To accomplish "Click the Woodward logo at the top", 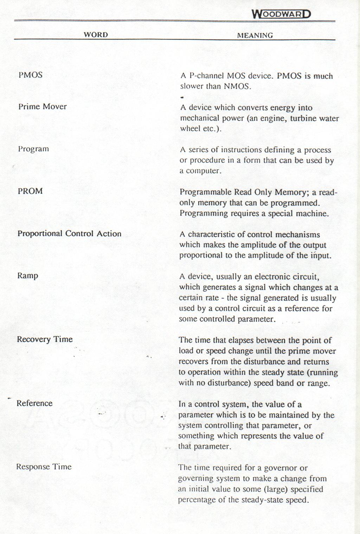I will click(x=282, y=14).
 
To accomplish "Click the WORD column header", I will click(x=96, y=35).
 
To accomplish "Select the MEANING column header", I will click(x=255, y=35).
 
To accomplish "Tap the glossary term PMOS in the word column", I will click(x=31, y=75).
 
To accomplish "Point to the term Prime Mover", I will click(x=42, y=107).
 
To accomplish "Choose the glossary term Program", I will click(x=33, y=149).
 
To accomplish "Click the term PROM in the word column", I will click(x=30, y=191).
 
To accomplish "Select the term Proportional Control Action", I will click(x=69, y=234).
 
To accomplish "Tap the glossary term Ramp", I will click(x=28, y=276).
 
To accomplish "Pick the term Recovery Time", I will click(x=45, y=339).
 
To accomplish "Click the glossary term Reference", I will click(x=34, y=403).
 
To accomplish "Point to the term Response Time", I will click(x=44, y=467).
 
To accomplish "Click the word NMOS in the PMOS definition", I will click(x=237, y=86).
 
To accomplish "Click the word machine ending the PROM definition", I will click(x=311, y=214).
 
